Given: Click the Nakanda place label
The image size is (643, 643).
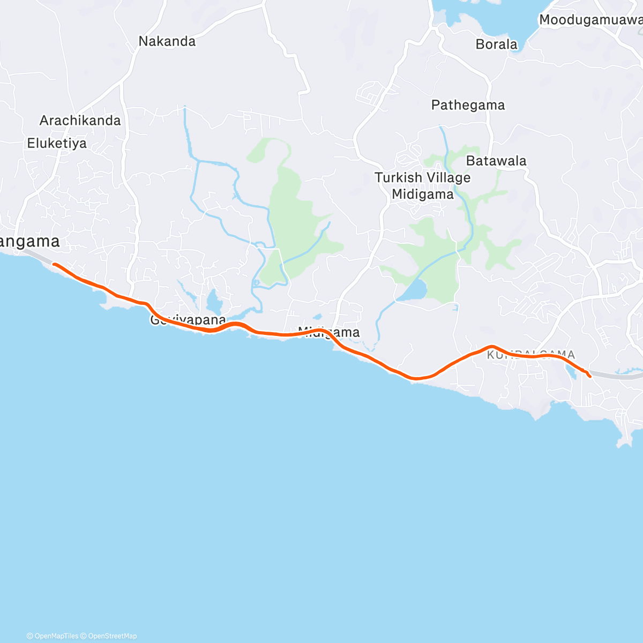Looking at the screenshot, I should click(167, 41).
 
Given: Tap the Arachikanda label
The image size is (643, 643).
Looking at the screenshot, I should click(80, 121).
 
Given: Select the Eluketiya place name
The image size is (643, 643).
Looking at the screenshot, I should click(57, 144).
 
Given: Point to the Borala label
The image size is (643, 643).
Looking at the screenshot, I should click(496, 44).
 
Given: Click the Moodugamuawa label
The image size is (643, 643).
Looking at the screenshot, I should click(590, 20).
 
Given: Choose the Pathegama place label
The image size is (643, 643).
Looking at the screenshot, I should click(468, 105).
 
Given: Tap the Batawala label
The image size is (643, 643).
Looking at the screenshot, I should click(496, 161).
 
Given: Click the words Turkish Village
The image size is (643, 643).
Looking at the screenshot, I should click(422, 177).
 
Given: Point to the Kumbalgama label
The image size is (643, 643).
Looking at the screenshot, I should click(530, 354).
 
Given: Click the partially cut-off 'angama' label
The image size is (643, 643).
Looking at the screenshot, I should click(30, 242).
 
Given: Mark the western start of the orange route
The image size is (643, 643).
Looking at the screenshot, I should click(54, 264).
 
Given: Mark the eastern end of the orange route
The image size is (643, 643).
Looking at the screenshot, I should click(589, 377).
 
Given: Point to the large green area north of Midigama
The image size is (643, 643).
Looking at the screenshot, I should click(295, 214).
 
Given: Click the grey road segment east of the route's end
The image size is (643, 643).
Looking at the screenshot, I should click(616, 376).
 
